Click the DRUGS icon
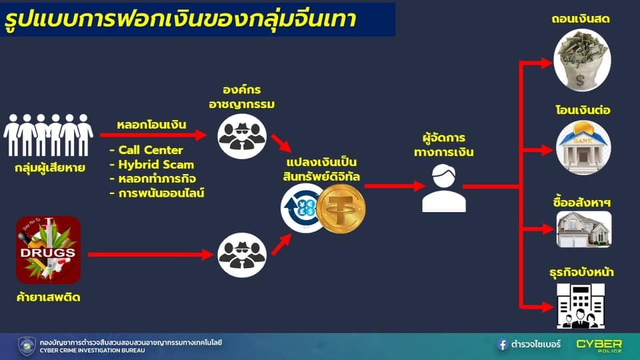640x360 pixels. pyautogui.click(x=48, y=250)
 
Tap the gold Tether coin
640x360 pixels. pyautogui.click(x=341, y=209)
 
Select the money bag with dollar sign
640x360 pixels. pyautogui.click(x=582, y=61)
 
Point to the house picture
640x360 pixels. pyautogui.click(x=584, y=229)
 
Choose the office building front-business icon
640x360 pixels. pyautogui.click(x=581, y=306)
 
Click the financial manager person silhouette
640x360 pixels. pyautogui.click(x=444, y=188)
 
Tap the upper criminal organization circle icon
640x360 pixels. pyautogui.click(x=242, y=136)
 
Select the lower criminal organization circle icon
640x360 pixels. pyautogui.click(x=242, y=255)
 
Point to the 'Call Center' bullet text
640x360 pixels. pyautogui.click(x=147, y=150)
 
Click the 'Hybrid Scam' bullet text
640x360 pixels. pyautogui.click(x=152, y=165)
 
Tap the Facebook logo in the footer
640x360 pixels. pyautogui.click(x=502, y=345)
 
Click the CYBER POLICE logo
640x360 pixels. pyautogui.click(x=599, y=346)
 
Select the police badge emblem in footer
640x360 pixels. pyautogui.click(x=27, y=346)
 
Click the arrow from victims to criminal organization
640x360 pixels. pyautogui.click(x=153, y=135)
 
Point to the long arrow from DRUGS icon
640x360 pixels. pyautogui.click(x=150, y=255)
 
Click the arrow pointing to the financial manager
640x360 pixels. pyautogui.click(x=395, y=186)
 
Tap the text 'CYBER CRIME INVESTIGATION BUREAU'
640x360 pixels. pyautogui.click(x=92, y=351)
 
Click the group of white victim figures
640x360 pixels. pyautogui.click(x=48, y=135)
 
